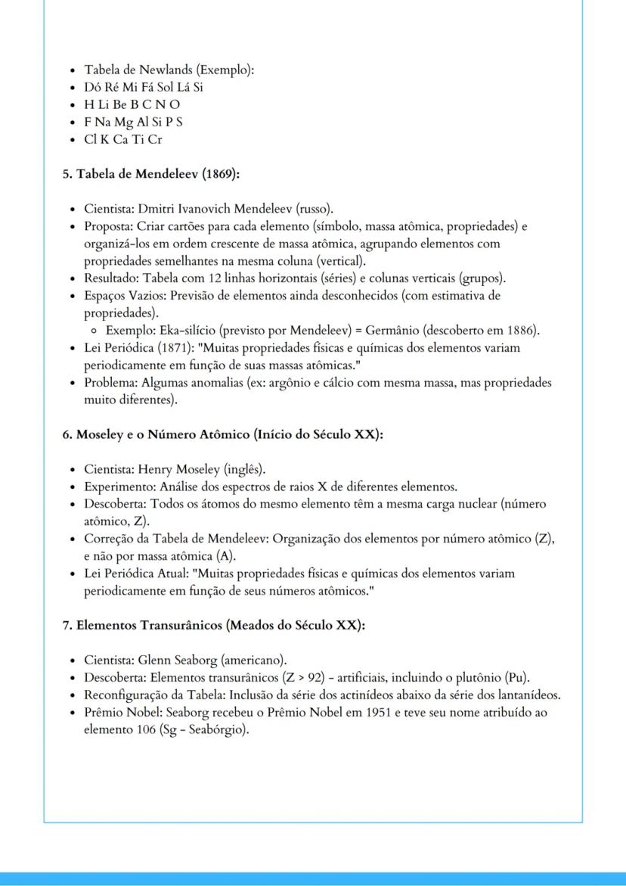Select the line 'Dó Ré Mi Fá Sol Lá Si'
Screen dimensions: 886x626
[x=144, y=87]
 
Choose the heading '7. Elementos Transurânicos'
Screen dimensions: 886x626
[x=213, y=626]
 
